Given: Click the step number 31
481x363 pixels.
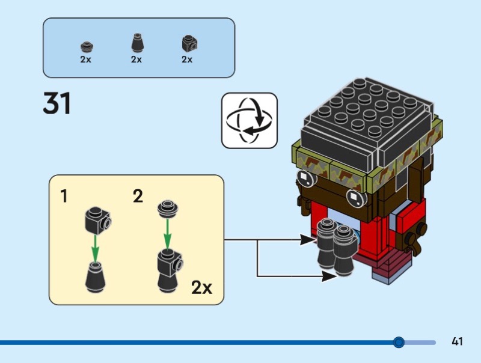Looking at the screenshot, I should (x=57, y=103).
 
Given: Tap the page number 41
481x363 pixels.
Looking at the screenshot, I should (x=457, y=342).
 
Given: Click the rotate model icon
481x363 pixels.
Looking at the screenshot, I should (x=249, y=120).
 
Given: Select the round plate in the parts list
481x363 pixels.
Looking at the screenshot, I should (x=85, y=46).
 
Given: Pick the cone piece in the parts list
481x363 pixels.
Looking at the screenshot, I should (x=136, y=43).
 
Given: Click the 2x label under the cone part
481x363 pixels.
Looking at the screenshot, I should (x=136, y=59).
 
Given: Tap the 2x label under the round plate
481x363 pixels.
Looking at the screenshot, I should (x=85, y=59).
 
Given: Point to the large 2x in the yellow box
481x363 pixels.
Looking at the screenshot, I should (x=202, y=287).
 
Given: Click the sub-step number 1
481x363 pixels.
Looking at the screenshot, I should (x=64, y=197).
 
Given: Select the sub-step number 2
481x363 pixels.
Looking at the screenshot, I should (x=138, y=197).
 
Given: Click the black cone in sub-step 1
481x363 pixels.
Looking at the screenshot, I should (x=95, y=277).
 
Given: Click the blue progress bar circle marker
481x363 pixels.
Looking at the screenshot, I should (x=398, y=342).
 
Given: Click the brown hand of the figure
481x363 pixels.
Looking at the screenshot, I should (x=414, y=240).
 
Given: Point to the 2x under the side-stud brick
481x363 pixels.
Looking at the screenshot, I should (x=187, y=59).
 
